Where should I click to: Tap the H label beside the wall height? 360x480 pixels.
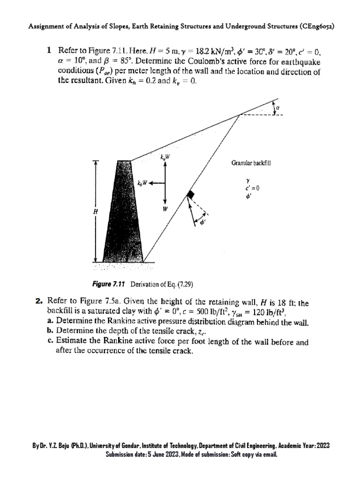coord(96,212)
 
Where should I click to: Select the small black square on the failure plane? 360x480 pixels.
coord(190,195)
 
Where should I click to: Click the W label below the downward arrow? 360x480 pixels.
coord(165,210)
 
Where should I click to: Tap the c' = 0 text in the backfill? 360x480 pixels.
coord(253,188)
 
